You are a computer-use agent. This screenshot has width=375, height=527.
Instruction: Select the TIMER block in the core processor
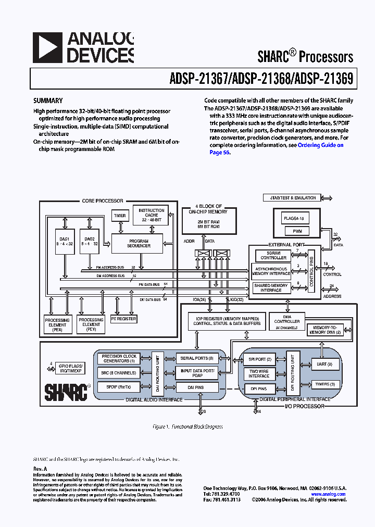tap(119, 216)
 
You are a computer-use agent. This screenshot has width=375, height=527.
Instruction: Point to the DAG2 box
tap(90, 241)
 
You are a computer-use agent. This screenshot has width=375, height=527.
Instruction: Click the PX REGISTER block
tap(123, 319)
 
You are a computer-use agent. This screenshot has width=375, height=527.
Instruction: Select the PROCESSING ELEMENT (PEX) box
tap(57, 324)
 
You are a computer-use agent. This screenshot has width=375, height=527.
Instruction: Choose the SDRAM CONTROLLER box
tap(273, 255)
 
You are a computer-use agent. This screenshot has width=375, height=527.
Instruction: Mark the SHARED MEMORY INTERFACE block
tap(271, 288)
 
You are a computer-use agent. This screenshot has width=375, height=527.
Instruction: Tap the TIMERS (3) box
tap(326, 384)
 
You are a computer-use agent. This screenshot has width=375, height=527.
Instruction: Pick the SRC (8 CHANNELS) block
tap(119, 373)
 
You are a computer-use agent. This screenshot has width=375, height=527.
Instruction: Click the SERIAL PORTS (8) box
tap(197, 358)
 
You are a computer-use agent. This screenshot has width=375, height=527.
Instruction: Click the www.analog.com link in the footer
tap(329, 494)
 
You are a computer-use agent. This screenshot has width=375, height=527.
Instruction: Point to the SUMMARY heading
tap(48, 101)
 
